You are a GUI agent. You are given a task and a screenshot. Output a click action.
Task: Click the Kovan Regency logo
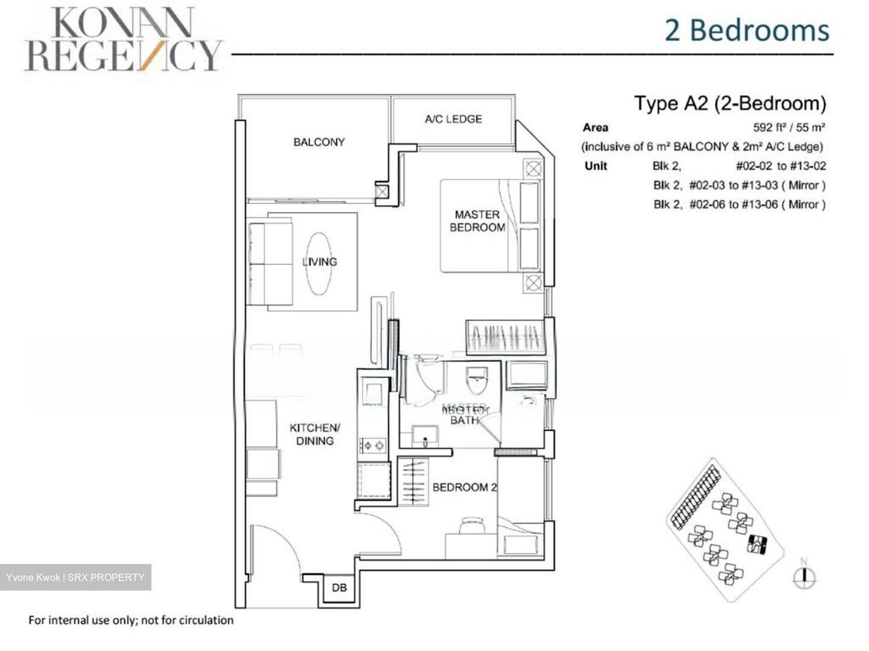(123, 40)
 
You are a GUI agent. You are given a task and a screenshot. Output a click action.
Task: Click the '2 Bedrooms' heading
(747, 30)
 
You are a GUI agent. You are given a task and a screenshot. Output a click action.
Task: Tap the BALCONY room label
(319, 142)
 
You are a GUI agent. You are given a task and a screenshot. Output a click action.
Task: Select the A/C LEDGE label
(453, 119)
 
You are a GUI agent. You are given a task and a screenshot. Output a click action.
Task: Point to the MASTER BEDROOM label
(477, 221)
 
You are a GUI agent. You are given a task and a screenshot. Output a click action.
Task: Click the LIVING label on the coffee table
(319, 261)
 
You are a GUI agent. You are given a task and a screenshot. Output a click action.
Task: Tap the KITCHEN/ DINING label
(314, 434)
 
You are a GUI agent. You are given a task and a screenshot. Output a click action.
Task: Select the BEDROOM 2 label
(464, 487)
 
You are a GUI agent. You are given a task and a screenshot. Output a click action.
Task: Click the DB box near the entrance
(339, 587)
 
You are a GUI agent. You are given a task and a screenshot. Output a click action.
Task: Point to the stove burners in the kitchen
(372, 446)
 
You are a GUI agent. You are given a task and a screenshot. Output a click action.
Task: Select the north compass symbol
(803, 576)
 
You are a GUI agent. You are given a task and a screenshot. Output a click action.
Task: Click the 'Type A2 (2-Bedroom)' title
(730, 103)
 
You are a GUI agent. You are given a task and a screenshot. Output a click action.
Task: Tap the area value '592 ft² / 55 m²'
(789, 127)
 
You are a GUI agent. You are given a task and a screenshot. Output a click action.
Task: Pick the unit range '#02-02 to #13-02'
(780, 166)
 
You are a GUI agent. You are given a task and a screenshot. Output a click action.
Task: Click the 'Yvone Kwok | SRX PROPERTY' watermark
(75, 577)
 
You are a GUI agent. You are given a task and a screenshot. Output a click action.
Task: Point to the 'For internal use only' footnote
(131, 620)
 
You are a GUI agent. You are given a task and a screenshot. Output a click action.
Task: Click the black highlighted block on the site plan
(756, 544)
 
